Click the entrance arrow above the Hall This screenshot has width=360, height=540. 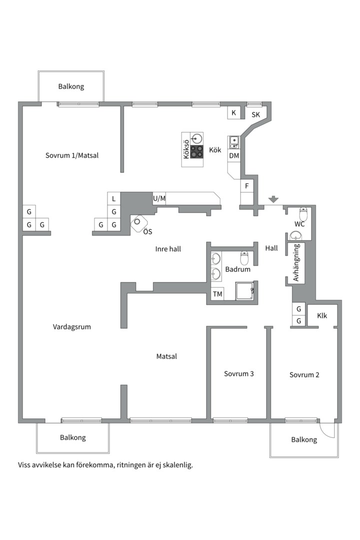273,199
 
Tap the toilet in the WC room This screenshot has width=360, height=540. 303,214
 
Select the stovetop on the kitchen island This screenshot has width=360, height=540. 196,152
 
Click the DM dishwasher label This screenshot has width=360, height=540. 234,155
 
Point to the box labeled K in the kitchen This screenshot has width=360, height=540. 234,112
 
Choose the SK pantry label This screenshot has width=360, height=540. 255,114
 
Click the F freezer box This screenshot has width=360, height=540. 246,186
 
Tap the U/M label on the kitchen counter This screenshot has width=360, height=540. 159,198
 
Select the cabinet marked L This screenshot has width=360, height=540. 113,198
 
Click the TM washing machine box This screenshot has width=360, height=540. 217,294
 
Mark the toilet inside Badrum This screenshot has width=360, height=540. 244,258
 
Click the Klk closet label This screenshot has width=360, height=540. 322,315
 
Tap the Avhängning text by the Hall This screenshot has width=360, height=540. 296,262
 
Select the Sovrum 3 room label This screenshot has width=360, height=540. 238,373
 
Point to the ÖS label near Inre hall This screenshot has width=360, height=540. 147,231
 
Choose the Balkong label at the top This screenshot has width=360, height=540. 71,86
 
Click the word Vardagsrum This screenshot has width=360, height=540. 71,327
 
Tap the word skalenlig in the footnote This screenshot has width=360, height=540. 177,465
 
